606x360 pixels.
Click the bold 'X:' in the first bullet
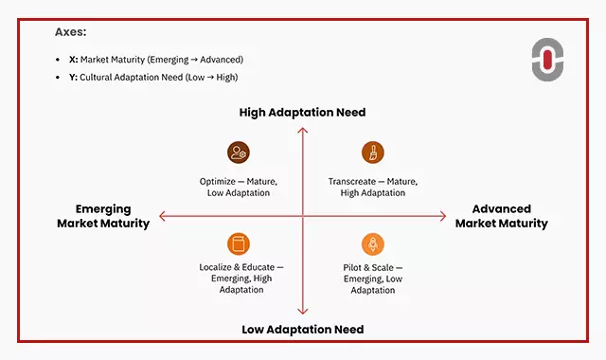coord(74,60)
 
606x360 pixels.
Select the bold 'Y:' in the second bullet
coord(74,77)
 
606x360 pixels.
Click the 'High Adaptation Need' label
coord(302,113)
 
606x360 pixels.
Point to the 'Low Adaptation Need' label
coord(302,329)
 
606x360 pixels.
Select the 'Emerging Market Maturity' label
coord(103,217)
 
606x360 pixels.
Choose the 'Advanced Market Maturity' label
coord(501,217)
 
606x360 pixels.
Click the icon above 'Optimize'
coord(238,153)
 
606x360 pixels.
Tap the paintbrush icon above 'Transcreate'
coord(372,153)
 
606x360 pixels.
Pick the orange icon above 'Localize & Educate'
coord(238,243)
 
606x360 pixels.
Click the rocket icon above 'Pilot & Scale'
coord(372,243)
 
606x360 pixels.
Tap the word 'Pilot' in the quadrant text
coord(353,268)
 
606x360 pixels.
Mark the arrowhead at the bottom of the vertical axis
coord(302,311)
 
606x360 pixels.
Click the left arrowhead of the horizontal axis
coord(162,217)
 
